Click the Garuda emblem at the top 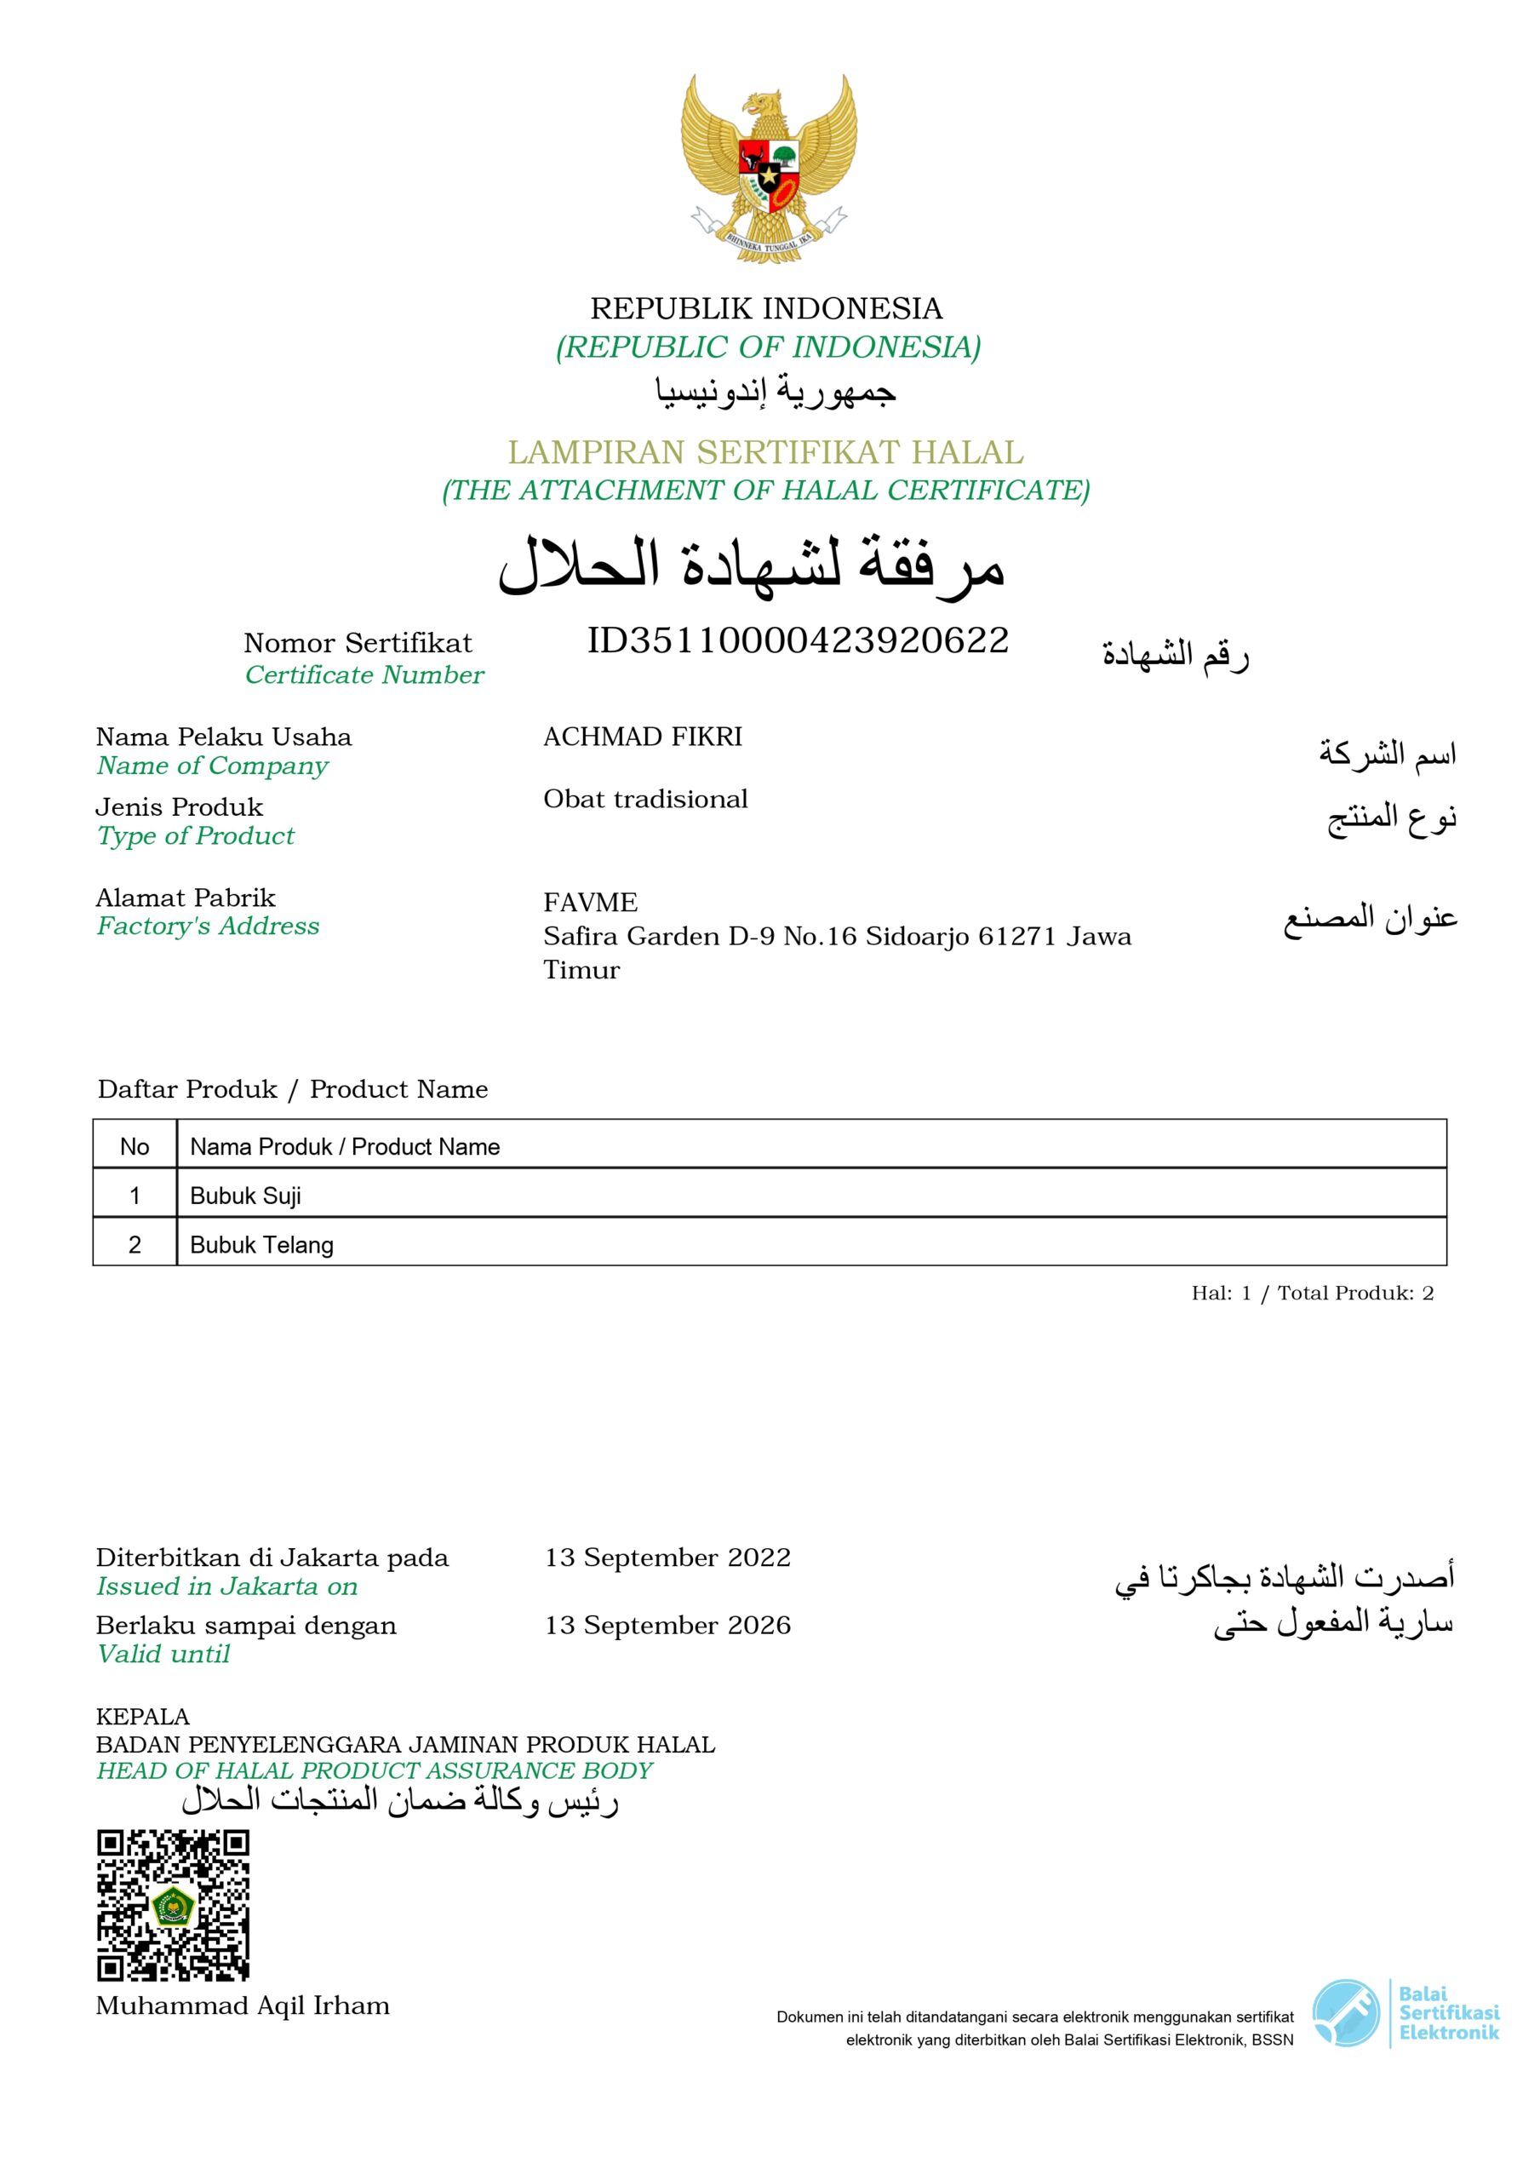point(768,168)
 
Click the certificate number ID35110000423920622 point(797,641)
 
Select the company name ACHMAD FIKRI point(642,737)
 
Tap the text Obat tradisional point(644,800)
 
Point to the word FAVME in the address point(590,902)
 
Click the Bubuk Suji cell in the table point(245,1196)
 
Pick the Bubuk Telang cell point(261,1245)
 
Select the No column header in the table point(134,1146)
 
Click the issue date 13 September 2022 point(667,1558)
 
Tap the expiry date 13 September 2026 point(667,1625)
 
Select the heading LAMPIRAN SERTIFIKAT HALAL point(765,452)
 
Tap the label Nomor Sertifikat point(357,643)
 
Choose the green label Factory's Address point(207,926)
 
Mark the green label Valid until point(163,1654)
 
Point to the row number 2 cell point(134,1245)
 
